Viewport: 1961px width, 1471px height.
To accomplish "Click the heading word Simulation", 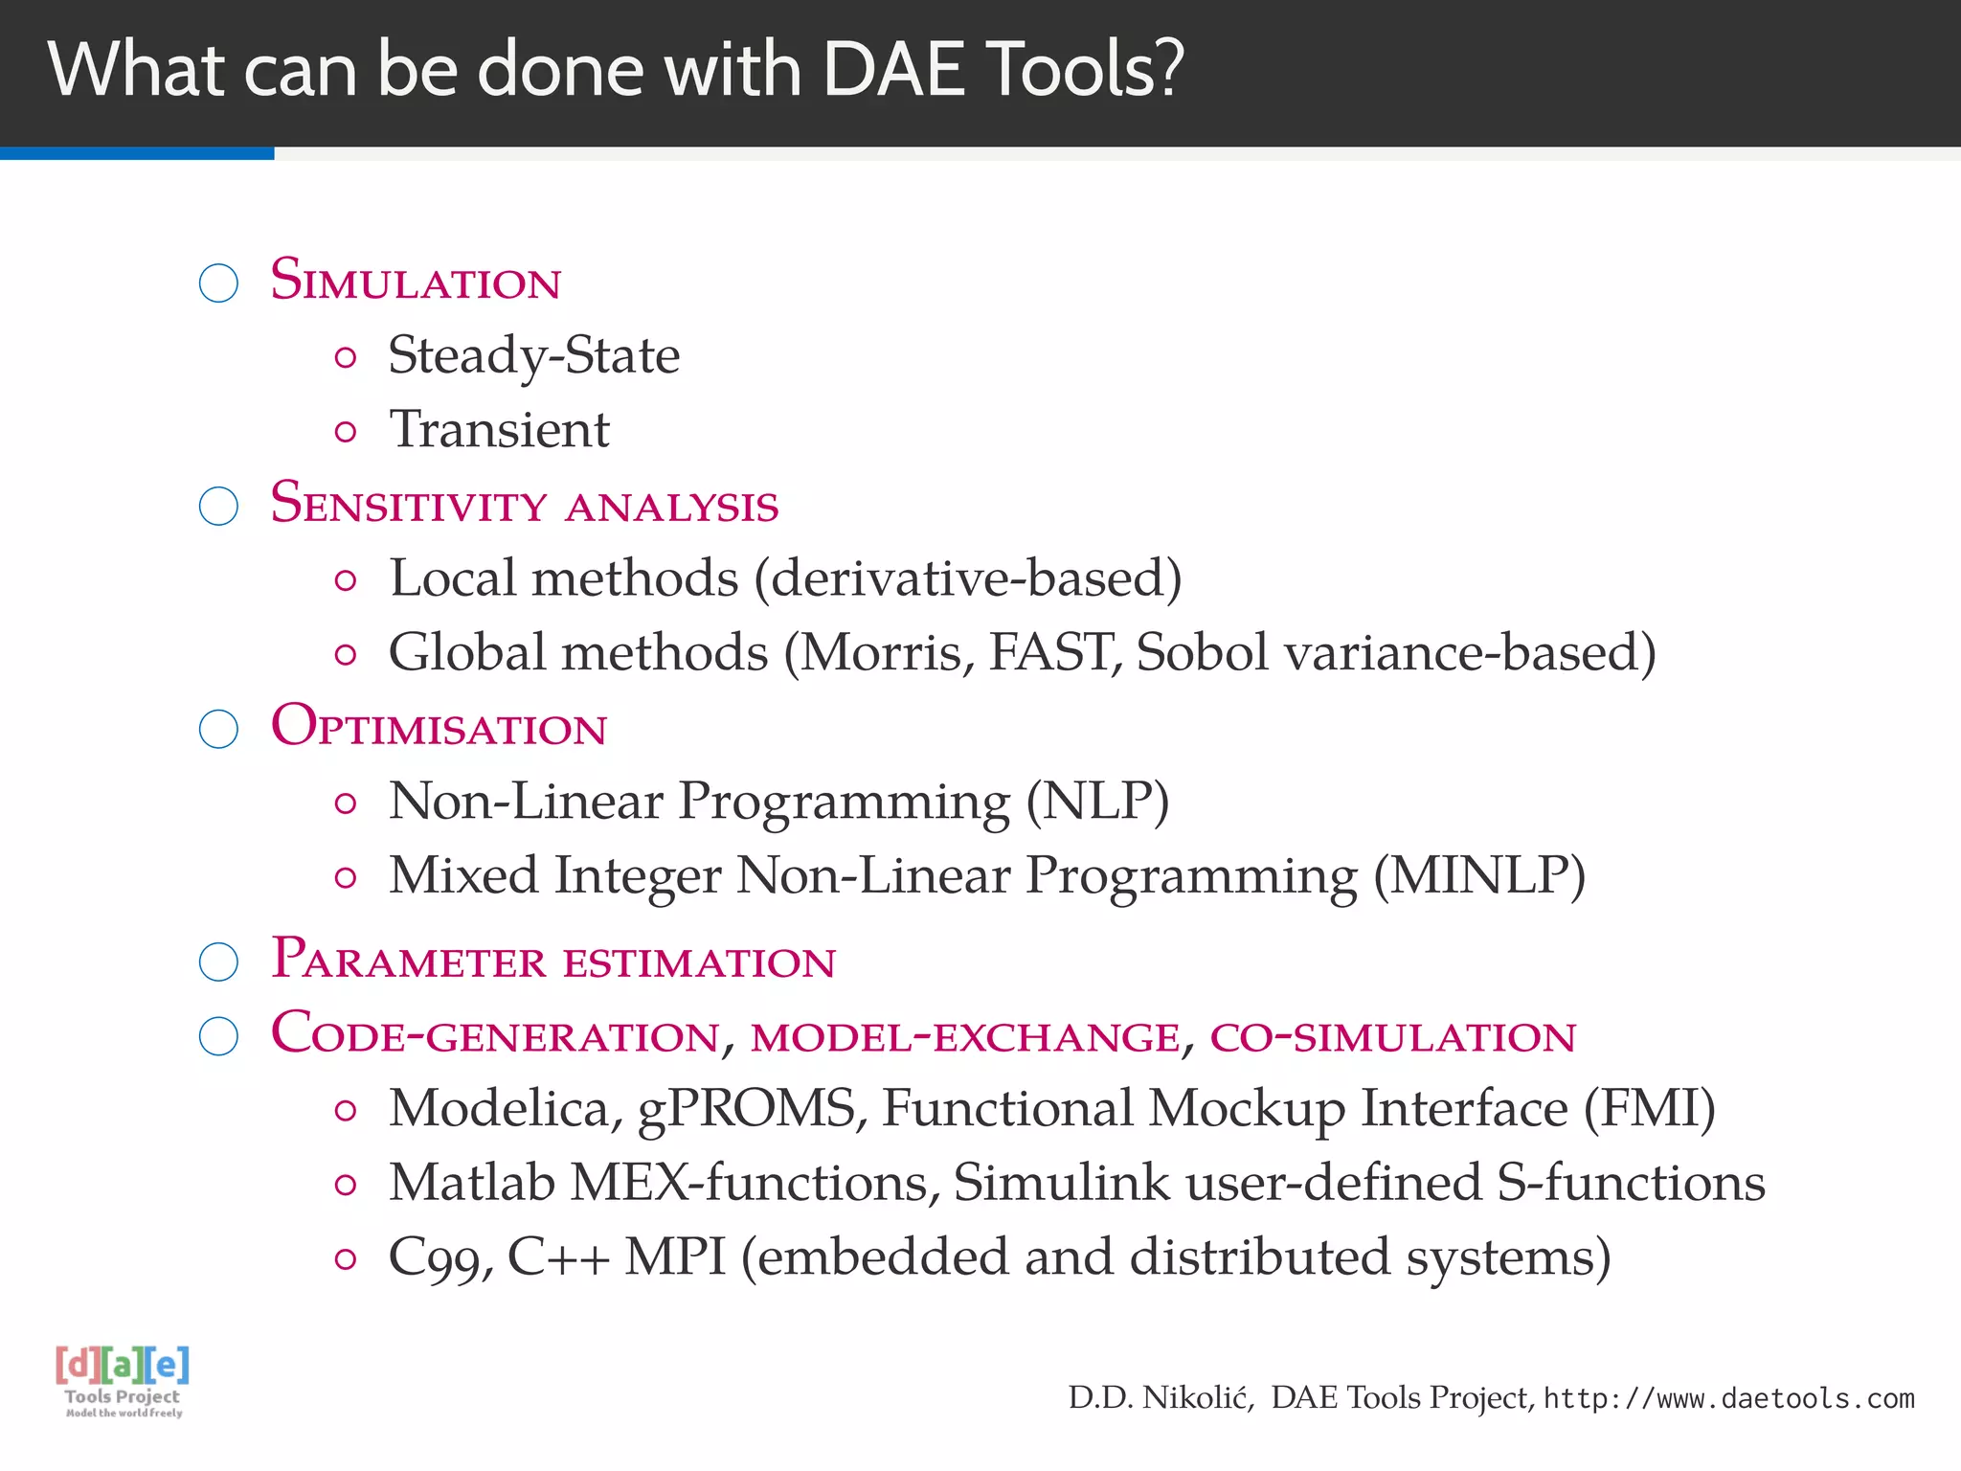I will click(416, 282).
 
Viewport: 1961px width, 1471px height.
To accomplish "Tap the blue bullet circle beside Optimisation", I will click(218, 729).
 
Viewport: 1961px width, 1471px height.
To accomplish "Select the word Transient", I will click(499, 429).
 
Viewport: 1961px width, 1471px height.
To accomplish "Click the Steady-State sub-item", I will click(533, 356).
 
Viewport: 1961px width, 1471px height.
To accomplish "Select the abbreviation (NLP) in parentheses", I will click(1097, 802).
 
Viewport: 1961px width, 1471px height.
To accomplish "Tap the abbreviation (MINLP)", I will click(1479, 876).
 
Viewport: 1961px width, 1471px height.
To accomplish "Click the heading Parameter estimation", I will click(553, 961).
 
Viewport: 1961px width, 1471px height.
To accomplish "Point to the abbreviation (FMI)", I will click(1649, 1109).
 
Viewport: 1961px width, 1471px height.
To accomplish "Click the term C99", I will click(440, 1258).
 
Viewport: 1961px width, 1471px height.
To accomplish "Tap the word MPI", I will click(675, 1257).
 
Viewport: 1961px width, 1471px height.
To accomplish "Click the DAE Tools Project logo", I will click(123, 1381).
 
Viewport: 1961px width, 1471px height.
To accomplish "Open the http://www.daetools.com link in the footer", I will click(1728, 1399).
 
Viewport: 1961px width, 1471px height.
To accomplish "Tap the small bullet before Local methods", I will click(346, 580).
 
